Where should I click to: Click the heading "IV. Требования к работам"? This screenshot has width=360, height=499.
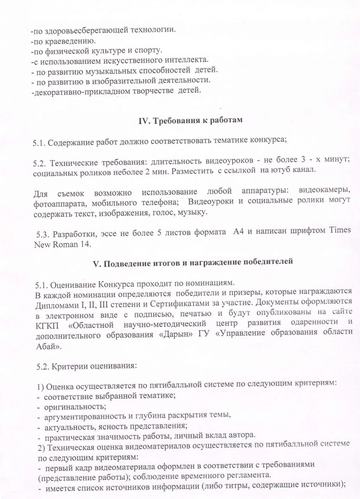point(190,121)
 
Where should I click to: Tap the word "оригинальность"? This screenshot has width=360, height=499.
point(75,407)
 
